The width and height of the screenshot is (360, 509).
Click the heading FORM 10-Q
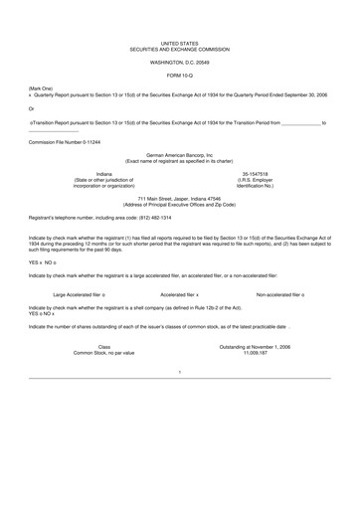click(179, 76)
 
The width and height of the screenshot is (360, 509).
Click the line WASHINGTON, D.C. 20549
click(179, 62)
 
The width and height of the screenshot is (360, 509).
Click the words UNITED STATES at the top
click(179, 44)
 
